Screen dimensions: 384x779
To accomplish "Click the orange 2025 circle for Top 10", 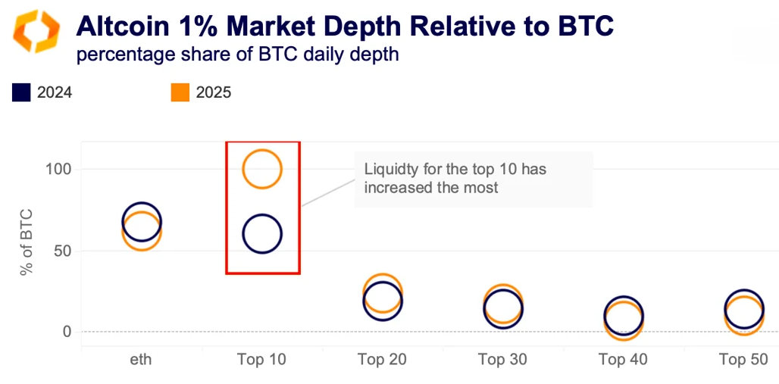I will click(x=261, y=169).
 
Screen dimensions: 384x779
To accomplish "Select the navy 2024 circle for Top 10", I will click(x=261, y=233).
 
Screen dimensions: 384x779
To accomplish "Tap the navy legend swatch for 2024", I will click(x=21, y=93).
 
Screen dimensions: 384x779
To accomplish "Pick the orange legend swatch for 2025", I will click(x=180, y=93).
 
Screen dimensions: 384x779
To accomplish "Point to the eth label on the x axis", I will click(x=141, y=360).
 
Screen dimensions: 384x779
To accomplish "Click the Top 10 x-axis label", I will click(x=261, y=360).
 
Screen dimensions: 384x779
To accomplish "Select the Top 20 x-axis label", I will click(x=382, y=360).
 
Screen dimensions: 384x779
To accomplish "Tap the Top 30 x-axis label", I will click(x=502, y=360).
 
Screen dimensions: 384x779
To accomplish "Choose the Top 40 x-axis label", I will click(x=623, y=360).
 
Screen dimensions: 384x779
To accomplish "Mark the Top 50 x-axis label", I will click(x=743, y=360).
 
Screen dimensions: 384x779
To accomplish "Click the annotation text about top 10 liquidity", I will click(x=455, y=179).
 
